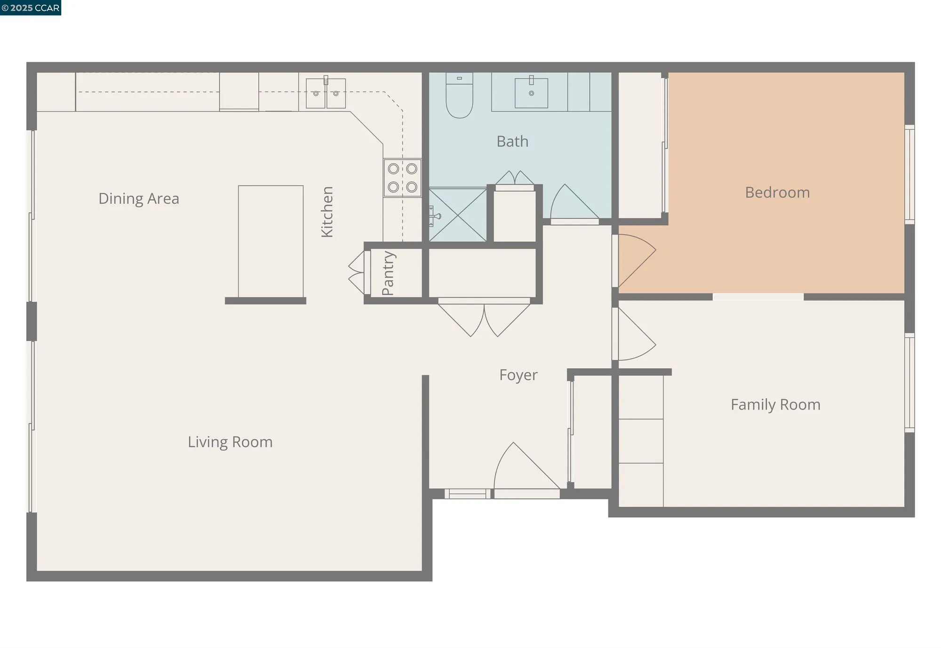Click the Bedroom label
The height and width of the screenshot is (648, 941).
coord(777,192)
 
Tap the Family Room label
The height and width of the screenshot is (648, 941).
coord(775,404)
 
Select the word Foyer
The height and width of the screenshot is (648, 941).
coord(518,375)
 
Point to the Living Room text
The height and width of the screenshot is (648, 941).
coord(230,442)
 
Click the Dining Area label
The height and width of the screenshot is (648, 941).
coord(139,198)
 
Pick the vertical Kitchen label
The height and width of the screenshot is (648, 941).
coord(327,212)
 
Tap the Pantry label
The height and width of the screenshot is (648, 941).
coord(388,273)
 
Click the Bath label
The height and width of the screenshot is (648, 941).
coord(512,142)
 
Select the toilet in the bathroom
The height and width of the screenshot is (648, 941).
coord(459,96)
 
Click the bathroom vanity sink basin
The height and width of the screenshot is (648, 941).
coord(531,93)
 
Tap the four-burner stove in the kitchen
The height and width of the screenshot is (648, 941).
coord(402,178)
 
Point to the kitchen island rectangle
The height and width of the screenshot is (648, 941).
coord(271,241)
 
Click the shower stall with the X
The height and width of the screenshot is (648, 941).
coord(458,215)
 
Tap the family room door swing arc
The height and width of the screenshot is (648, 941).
coord(635,335)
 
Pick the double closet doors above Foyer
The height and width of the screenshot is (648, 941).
coord(484,319)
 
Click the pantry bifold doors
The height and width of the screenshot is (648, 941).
coord(357,273)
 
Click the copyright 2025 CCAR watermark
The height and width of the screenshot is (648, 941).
coord(31,8)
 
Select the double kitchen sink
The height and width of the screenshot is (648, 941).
coord(326,93)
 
